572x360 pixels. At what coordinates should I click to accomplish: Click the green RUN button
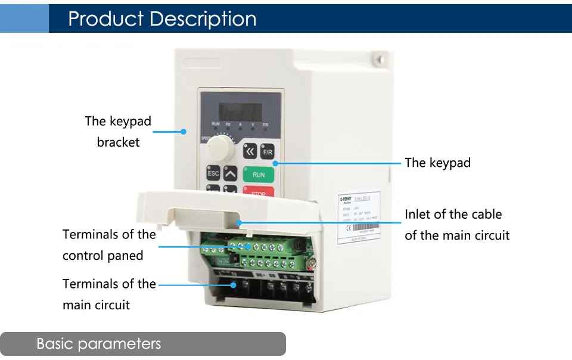click(x=258, y=175)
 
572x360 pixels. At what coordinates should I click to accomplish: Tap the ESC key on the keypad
click(x=213, y=174)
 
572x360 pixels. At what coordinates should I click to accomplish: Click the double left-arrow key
click(x=251, y=151)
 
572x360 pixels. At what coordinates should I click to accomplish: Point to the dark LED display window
click(x=241, y=110)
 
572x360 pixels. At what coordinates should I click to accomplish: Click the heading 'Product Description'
click(x=162, y=18)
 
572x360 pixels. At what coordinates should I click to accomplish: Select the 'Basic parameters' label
click(x=99, y=344)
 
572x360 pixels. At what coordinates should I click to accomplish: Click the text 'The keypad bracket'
click(x=118, y=132)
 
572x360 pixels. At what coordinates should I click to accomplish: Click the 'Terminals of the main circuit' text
click(x=109, y=294)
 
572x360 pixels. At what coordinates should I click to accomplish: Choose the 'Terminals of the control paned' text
click(x=109, y=245)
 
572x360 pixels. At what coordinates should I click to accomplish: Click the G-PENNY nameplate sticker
click(x=359, y=218)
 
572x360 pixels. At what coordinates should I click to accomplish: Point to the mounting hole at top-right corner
click(x=377, y=60)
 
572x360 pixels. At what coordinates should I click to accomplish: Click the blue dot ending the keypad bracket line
click(x=184, y=132)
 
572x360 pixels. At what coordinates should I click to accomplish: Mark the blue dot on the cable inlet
click(x=239, y=222)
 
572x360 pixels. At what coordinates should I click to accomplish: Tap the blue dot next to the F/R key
click(x=275, y=163)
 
